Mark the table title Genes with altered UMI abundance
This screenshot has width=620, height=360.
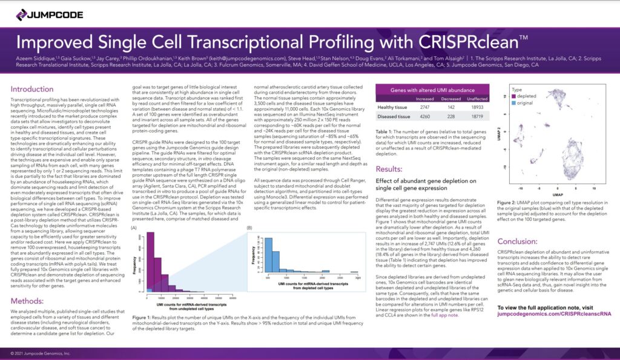point(432,88)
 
